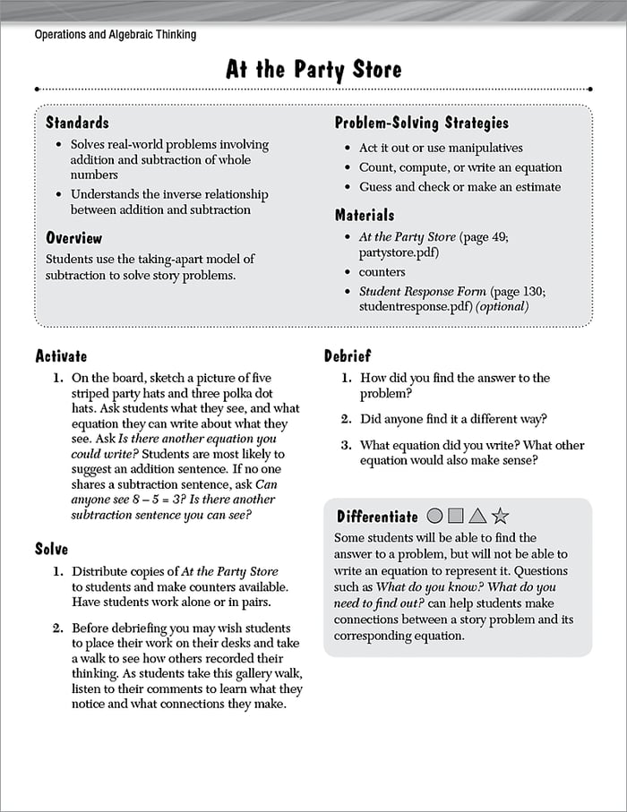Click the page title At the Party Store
point(313,70)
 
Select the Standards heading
point(77,123)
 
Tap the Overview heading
point(74,238)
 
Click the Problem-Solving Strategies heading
point(422,123)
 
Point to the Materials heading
point(365,215)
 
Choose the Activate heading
point(61,356)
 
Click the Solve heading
point(51,548)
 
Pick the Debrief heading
point(348,356)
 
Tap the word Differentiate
point(377,517)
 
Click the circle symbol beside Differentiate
point(435,516)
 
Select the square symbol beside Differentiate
point(456,516)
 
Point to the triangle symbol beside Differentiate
point(477,516)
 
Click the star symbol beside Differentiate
point(501,516)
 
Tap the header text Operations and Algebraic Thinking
point(115,35)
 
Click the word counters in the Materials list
point(382,272)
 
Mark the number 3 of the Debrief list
point(346,445)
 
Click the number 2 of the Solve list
point(57,628)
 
